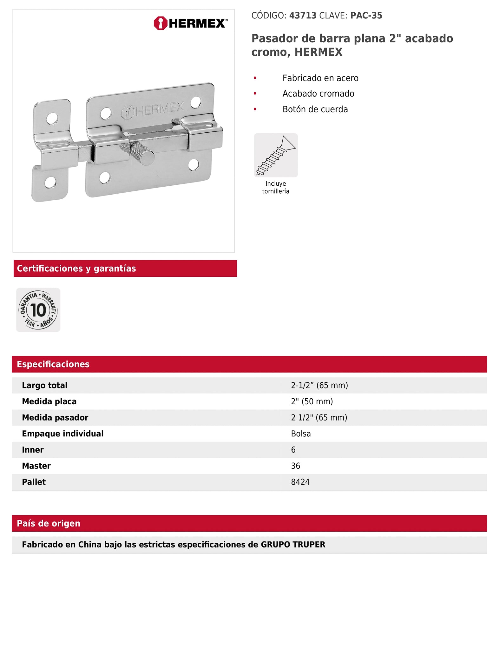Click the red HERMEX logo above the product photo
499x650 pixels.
(x=190, y=23)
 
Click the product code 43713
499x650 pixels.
(x=303, y=16)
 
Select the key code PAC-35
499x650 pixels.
(x=366, y=16)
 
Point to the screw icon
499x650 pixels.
(x=276, y=155)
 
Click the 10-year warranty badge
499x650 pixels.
(x=38, y=310)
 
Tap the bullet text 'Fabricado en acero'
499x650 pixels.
(x=320, y=78)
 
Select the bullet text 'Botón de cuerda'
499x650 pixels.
(x=315, y=109)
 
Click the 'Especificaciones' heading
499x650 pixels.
(x=53, y=364)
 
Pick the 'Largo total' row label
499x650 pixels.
(x=45, y=385)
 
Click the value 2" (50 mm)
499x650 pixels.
(x=312, y=401)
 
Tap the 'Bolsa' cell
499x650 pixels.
(x=301, y=434)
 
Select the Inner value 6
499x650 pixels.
(x=293, y=450)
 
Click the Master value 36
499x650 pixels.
(x=296, y=466)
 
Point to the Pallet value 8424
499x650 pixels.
(x=300, y=482)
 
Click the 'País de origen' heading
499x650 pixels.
(x=49, y=523)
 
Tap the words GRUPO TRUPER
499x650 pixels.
(x=293, y=545)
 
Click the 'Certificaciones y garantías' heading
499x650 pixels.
(x=76, y=269)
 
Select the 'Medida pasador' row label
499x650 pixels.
(x=55, y=417)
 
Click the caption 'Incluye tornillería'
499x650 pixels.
(x=276, y=187)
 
